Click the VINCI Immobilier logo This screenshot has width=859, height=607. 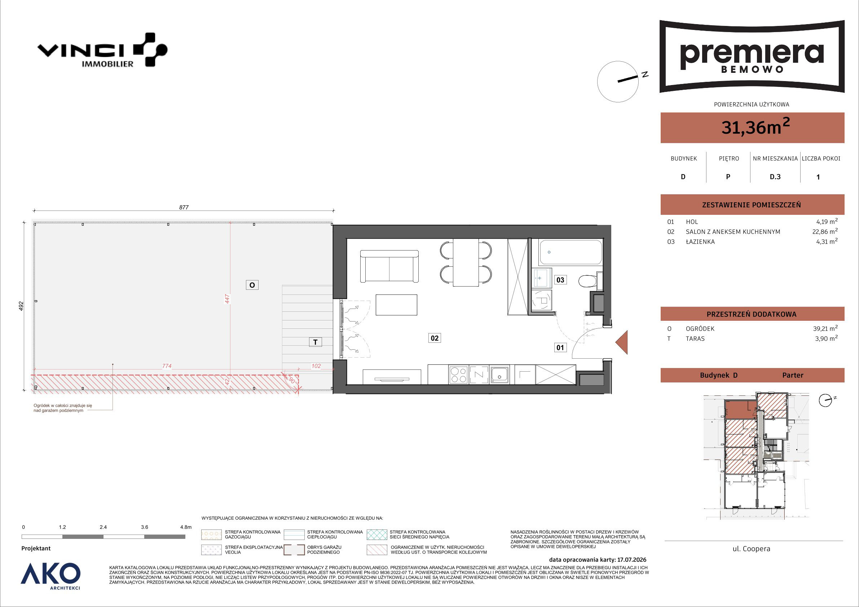coord(102,50)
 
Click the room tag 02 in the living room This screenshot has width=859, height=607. coord(434,338)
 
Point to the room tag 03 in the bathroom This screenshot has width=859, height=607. coord(560,280)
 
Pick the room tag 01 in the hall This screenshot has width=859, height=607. coord(560,347)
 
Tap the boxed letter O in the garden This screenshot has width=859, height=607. coord(252,285)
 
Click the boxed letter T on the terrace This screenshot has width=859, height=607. coord(316,342)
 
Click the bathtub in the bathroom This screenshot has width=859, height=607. coord(570,252)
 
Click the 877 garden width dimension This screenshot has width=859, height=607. coord(184,207)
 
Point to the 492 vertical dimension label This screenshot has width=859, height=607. coord(21,306)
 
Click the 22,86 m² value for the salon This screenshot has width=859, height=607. coord(825,231)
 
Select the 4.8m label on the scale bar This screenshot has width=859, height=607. coord(186,527)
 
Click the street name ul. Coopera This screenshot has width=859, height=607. coord(751,549)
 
